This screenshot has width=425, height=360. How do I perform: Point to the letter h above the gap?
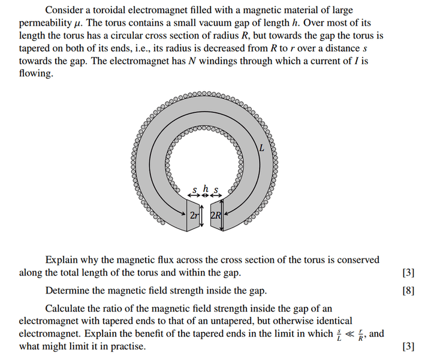[205, 189]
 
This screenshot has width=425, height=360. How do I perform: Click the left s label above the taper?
[194, 190]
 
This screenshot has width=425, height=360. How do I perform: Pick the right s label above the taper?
[216, 190]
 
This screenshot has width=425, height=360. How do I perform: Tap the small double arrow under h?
[205, 196]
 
